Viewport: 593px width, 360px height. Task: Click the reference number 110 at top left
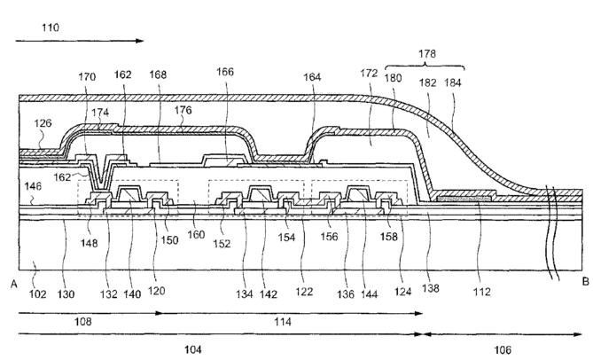point(51,27)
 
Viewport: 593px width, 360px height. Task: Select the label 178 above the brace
point(427,54)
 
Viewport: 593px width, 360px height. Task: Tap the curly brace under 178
point(425,67)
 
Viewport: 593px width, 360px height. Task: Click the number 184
point(453,82)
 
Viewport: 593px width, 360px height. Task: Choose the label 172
point(369,73)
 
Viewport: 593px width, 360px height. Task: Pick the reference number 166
point(225,72)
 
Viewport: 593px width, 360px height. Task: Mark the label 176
point(183,110)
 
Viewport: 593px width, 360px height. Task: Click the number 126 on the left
point(43,123)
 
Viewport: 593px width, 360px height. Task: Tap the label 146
point(33,186)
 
